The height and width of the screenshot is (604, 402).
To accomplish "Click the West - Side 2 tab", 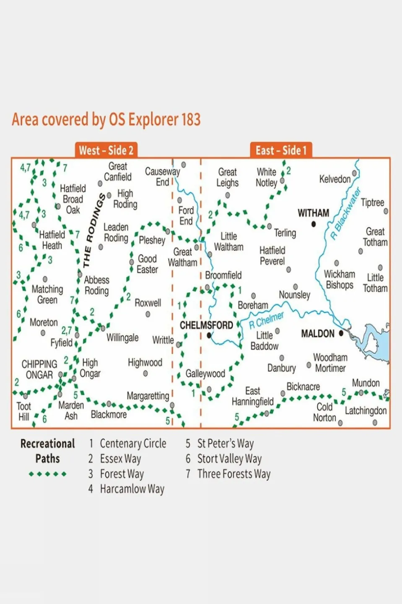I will [x=106, y=150].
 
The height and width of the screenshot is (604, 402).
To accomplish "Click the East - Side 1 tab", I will [x=281, y=150].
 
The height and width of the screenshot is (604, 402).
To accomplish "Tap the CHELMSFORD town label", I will [x=206, y=325].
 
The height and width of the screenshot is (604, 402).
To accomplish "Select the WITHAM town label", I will [x=313, y=213].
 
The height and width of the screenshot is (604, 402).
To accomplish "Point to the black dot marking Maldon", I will [x=341, y=333].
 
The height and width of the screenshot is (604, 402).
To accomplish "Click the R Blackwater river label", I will [x=345, y=214].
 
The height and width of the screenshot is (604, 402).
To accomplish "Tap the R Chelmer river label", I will [x=266, y=320].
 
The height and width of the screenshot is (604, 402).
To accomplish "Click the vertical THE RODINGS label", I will [x=93, y=230].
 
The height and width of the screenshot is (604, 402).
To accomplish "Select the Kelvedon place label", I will [x=335, y=179].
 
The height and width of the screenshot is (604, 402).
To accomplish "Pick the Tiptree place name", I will [x=372, y=203].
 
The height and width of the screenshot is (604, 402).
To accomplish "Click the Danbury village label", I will [x=281, y=368].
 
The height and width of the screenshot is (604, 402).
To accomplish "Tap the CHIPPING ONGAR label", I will [x=39, y=369].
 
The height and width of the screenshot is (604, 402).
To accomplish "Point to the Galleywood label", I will [x=205, y=374].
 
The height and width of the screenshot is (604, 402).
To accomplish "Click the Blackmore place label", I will [x=109, y=415].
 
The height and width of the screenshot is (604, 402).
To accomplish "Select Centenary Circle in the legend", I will [x=133, y=444].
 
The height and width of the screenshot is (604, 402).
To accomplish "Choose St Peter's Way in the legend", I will [x=225, y=444].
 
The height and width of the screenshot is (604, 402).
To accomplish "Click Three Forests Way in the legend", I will [x=233, y=474].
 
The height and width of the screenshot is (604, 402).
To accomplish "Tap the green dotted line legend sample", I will [x=47, y=474].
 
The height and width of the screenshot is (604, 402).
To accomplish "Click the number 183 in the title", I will [x=191, y=120].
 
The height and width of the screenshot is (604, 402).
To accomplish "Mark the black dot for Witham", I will [x=314, y=224].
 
